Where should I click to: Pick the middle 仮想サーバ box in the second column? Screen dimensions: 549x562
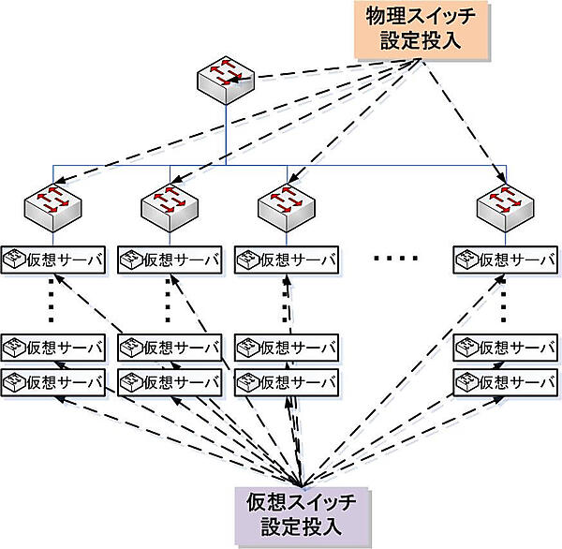(x=170, y=349)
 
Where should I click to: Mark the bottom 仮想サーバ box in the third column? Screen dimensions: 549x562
(x=286, y=381)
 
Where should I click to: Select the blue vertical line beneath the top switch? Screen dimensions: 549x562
(x=226, y=131)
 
